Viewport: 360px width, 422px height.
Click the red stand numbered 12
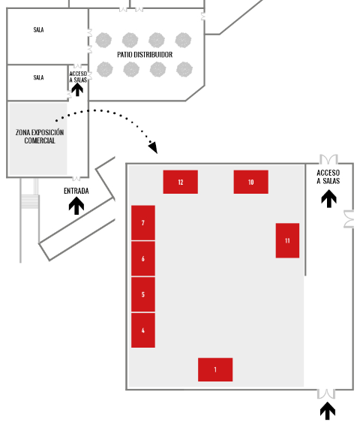click(x=181, y=182)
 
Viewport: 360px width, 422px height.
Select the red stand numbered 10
click(x=250, y=182)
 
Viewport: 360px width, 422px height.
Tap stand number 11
click(x=287, y=240)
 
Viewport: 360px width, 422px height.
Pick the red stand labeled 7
click(x=143, y=222)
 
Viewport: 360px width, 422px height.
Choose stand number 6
click(x=143, y=258)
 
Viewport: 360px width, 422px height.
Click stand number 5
click(x=143, y=294)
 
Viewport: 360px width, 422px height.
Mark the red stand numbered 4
click(x=143, y=330)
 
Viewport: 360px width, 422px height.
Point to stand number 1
click(x=215, y=369)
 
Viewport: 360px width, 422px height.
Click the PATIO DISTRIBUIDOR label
click(x=145, y=55)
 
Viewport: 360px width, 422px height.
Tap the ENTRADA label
click(x=76, y=191)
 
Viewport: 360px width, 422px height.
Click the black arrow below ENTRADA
click(x=76, y=206)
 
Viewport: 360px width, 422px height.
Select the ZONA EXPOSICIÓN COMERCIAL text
click(x=40, y=136)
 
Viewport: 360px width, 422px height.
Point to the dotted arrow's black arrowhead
click(x=153, y=147)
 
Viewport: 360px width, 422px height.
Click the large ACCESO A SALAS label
click(x=328, y=176)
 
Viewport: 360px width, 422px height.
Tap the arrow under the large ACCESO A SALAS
click(x=328, y=199)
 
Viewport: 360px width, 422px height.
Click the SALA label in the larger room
click(x=38, y=29)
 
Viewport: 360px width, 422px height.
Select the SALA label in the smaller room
click(x=38, y=77)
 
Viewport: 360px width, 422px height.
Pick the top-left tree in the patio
click(x=103, y=41)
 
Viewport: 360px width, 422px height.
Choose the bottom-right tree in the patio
click(x=184, y=69)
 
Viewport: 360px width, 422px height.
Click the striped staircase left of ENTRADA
click(x=30, y=201)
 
